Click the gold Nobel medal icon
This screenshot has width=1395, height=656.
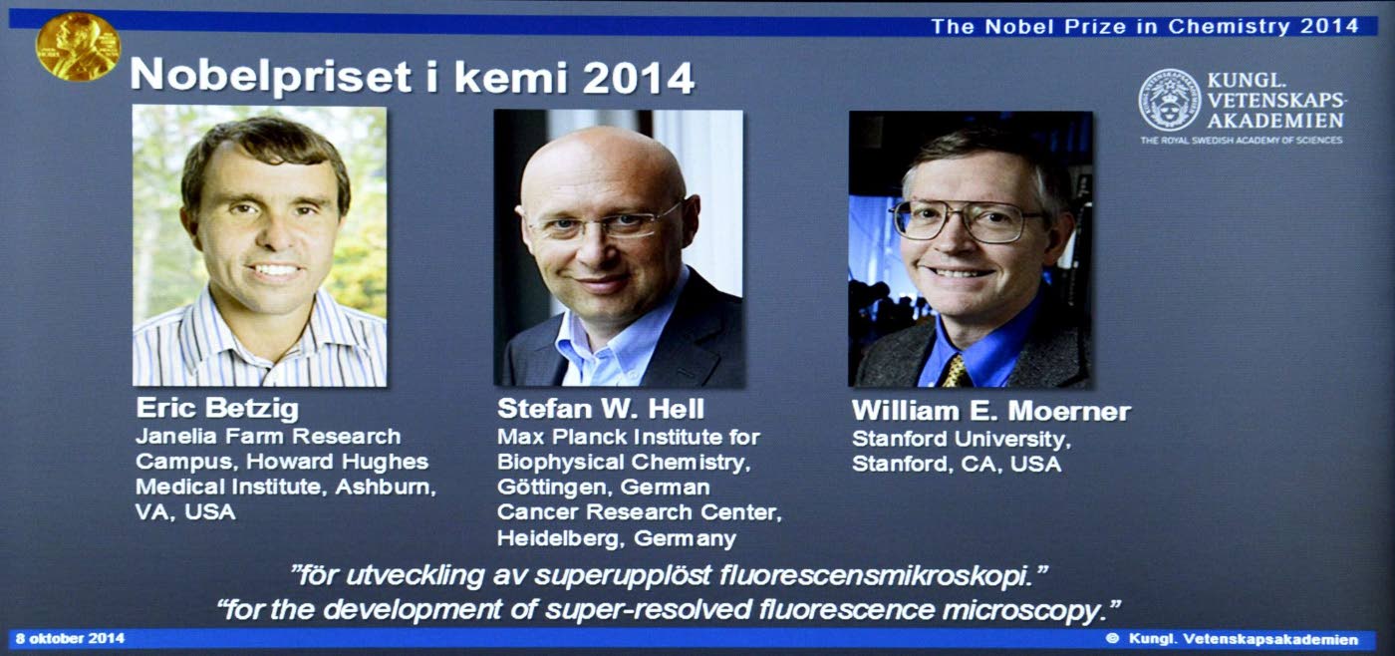coord(78,47)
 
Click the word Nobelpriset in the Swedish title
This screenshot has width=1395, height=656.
coord(271,77)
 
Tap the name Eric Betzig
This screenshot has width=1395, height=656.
coord(217,409)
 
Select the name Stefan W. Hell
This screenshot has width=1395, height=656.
coord(600,409)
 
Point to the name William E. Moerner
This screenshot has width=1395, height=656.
coord(990,411)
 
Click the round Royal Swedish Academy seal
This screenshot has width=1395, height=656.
coord(1170,101)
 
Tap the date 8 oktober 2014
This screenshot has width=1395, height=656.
coord(71,639)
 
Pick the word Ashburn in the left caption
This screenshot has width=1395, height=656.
coord(386,487)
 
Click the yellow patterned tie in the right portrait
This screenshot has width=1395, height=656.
coord(956,370)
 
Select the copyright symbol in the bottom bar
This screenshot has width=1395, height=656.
coord(1112,639)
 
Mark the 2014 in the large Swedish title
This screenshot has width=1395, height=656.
coord(639,77)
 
